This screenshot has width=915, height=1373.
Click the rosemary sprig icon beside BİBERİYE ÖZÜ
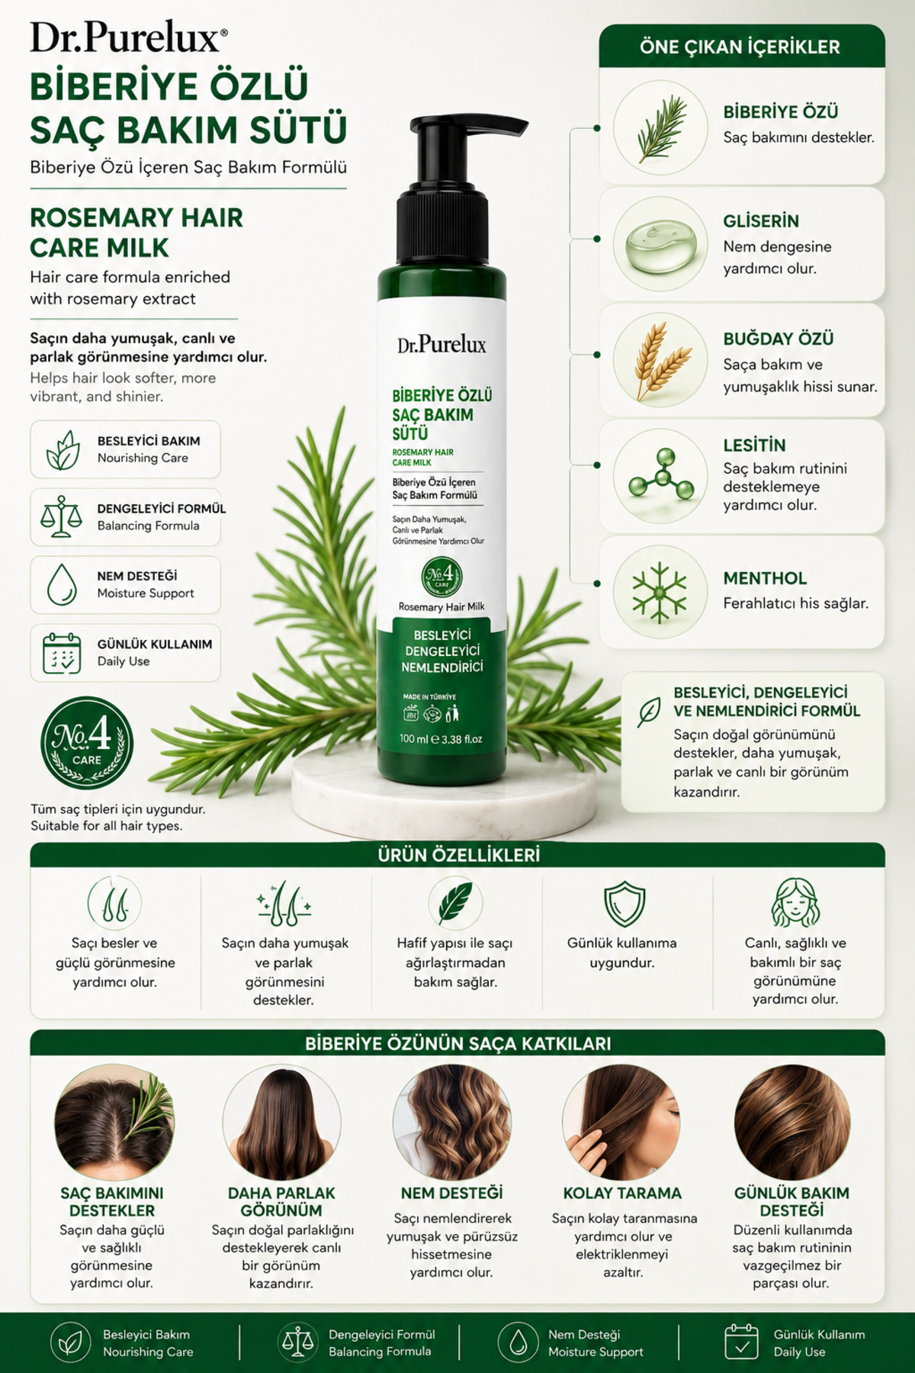[661, 127]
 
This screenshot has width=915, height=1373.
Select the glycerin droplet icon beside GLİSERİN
[660, 245]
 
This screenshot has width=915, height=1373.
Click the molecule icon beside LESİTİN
[661, 474]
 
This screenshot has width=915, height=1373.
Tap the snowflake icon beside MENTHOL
[660, 591]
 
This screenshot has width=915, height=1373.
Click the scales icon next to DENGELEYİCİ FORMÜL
[61, 516]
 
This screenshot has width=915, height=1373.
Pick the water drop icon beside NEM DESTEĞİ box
[62, 584]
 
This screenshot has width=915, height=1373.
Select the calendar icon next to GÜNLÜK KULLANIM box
[62, 652]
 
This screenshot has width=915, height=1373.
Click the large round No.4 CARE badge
[87, 742]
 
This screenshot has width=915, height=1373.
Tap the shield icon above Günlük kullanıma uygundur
[624, 905]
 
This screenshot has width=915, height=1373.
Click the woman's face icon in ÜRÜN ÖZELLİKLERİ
[795, 902]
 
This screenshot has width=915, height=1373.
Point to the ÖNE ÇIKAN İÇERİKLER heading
[740, 47]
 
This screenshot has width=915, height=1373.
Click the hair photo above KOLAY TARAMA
[621, 1121]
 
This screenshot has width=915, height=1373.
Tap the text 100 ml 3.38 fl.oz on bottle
[441, 738]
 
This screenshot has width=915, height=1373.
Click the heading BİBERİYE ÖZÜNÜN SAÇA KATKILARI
[457, 1043]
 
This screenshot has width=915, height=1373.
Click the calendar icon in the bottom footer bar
[741, 1342]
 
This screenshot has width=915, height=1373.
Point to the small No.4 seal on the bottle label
[441, 577]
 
